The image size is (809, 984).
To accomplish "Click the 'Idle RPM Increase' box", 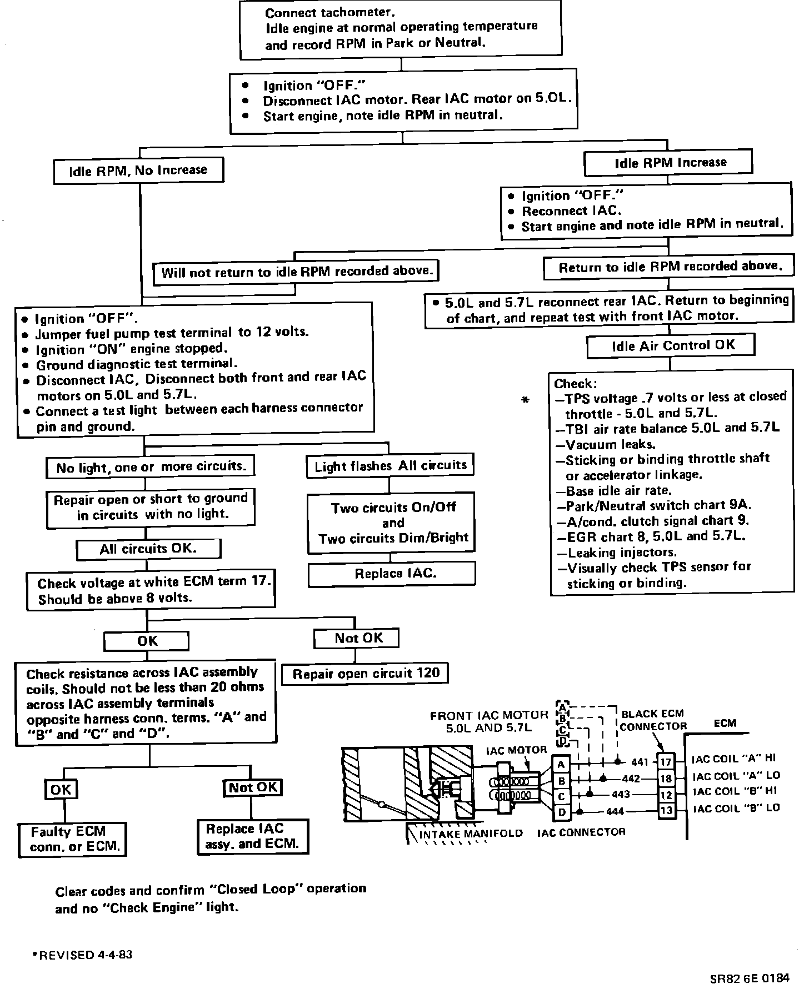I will (x=668, y=163).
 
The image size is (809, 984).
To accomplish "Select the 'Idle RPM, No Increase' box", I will (x=138, y=170).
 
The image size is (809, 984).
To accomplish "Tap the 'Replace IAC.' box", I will (x=392, y=574).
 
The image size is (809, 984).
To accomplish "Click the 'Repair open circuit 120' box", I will (x=365, y=674).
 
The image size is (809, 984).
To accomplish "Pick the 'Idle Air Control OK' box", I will (x=671, y=345).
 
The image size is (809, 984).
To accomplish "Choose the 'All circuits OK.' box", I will (x=148, y=549).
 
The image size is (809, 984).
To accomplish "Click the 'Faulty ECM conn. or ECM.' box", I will (x=72, y=839).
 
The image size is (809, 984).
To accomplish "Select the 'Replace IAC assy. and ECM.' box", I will (x=252, y=837).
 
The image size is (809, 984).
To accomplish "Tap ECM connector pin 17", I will (x=666, y=762).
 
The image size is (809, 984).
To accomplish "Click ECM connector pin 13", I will (x=666, y=811).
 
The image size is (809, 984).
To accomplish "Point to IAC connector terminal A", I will (x=561, y=765).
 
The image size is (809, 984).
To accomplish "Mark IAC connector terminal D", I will (x=561, y=812).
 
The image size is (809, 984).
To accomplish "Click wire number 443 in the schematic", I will (x=621, y=795).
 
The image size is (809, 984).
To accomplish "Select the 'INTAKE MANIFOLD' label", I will (x=471, y=834).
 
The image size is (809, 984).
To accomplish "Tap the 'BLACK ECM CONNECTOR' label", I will (x=653, y=720).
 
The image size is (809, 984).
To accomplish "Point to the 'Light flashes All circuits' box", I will (x=390, y=466).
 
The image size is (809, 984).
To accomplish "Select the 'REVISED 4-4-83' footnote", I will (x=83, y=955).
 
